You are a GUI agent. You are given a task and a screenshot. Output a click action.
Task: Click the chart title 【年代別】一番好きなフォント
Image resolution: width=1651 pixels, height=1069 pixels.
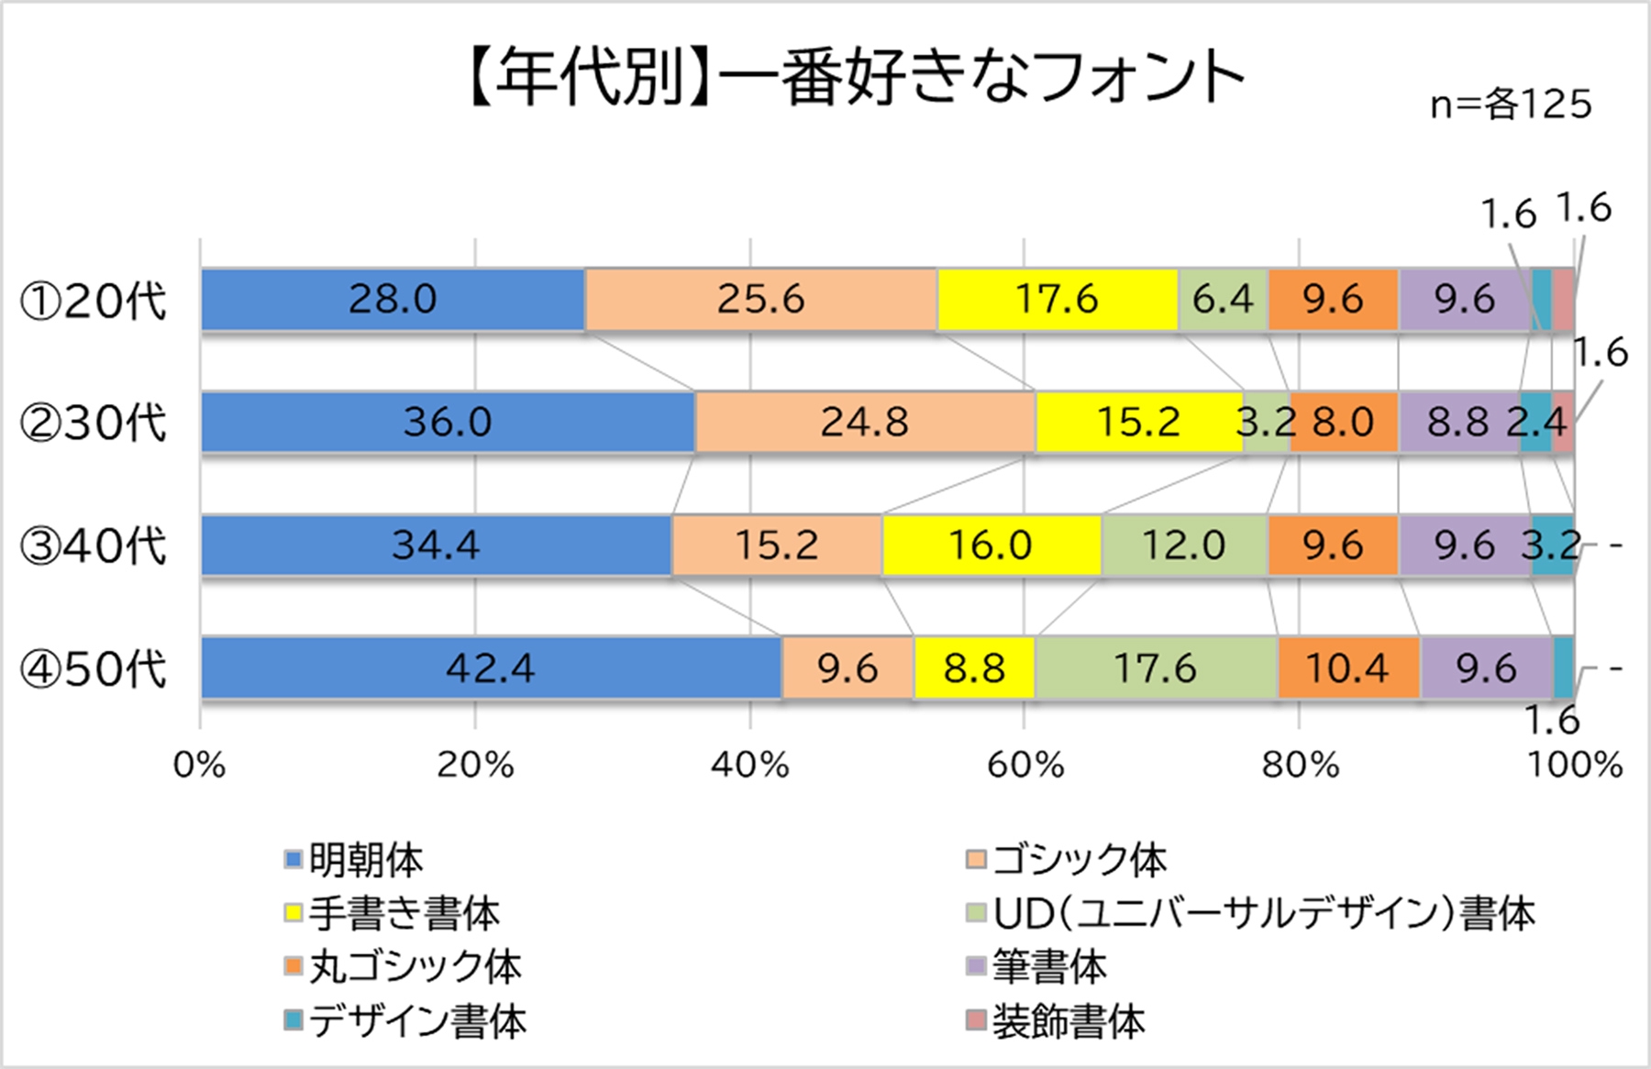pos(853,77)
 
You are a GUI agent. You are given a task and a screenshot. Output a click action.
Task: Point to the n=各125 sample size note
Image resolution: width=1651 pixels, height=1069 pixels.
pos(1511,105)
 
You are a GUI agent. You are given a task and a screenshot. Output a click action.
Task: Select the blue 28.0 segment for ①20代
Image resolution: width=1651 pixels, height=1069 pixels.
pos(393,299)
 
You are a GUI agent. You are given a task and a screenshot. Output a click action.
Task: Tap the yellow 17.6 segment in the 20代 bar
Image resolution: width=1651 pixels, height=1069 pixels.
pos(1057,299)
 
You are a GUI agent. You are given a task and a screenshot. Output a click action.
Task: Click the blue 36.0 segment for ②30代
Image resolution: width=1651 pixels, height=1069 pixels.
pos(448,422)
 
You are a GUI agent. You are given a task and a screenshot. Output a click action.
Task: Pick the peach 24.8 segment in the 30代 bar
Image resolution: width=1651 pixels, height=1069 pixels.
pos(864,422)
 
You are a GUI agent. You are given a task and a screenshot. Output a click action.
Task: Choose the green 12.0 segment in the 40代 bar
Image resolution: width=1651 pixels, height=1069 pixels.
pos(1183,546)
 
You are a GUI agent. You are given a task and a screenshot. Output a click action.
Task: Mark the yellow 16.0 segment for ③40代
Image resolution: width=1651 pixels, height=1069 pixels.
pos(991,546)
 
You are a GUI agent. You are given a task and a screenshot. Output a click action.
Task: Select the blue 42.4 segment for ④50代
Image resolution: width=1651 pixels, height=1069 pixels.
pos(491,668)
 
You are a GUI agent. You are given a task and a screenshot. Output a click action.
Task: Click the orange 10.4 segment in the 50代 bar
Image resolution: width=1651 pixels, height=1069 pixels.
pos(1347,668)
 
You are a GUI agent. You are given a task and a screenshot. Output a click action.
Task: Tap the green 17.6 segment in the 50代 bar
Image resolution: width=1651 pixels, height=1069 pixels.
pos(1155,668)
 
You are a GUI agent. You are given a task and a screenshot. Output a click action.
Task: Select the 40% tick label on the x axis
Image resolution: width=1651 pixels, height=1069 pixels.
pos(750,765)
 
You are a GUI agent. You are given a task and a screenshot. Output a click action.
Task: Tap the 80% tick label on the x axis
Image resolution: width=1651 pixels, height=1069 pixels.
pos(1300,765)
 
